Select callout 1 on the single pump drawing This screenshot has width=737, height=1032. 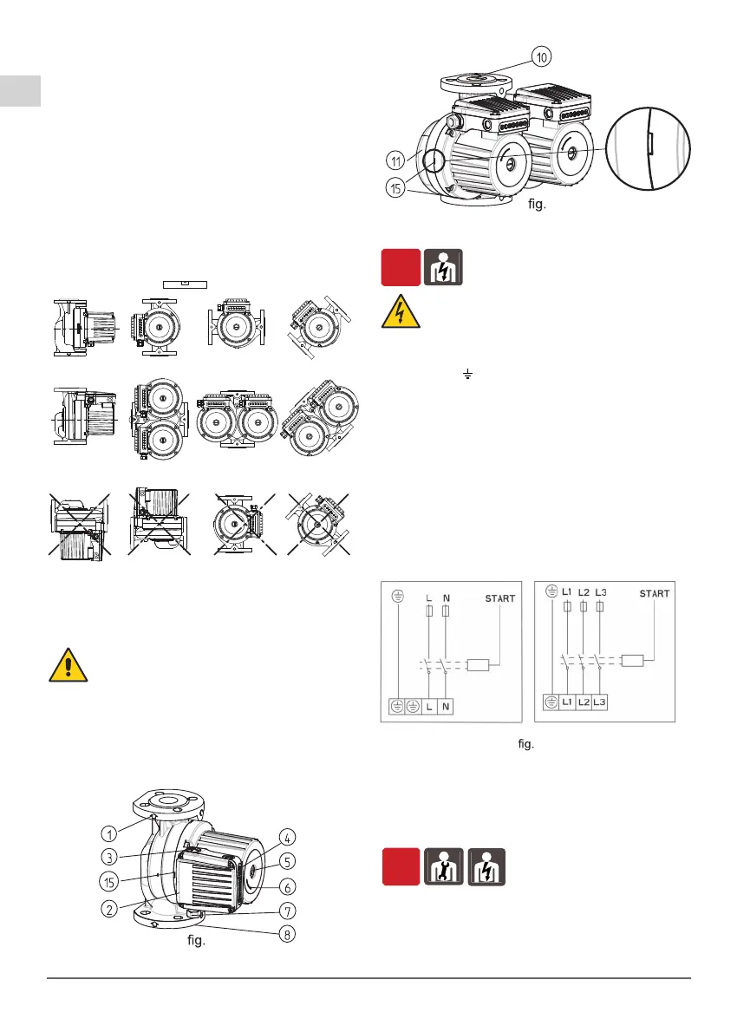[109, 833]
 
